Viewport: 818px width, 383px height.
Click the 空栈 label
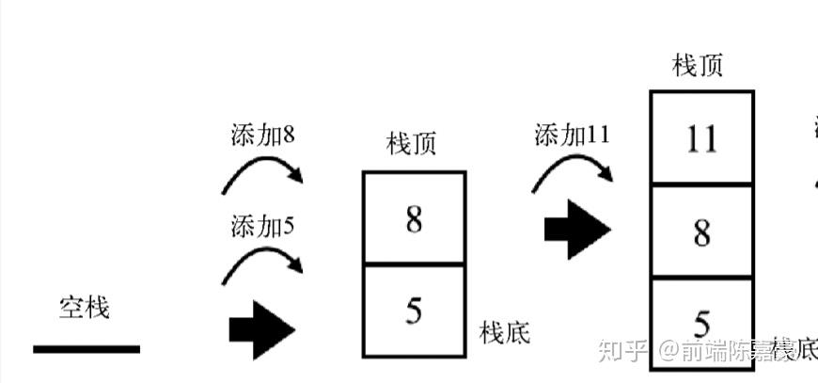pyautogui.click(x=84, y=307)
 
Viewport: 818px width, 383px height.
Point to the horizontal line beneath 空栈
pyautogui.click(x=87, y=349)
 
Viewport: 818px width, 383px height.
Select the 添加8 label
pyautogui.click(x=262, y=136)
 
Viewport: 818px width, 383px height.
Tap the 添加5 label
pyautogui.click(x=262, y=227)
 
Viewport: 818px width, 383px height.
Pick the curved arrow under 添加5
pyautogui.click(x=262, y=263)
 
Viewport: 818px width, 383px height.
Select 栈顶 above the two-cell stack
pyautogui.click(x=412, y=145)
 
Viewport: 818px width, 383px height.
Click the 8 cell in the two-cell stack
pyautogui.click(x=414, y=219)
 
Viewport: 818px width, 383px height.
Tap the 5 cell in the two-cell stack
pyautogui.click(x=414, y=311)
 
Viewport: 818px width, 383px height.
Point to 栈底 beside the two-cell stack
pyautogui.click(x=505, y=332)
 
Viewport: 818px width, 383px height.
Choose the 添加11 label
pyautogui.click(x=572, y=135)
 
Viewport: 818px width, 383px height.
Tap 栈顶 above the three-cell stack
pyautogui.click(x=699, y=66)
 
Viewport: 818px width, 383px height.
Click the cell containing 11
pyautogui.click(x=701, y=139)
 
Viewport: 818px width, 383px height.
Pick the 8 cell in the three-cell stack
pyautogui.click(x=701, y=232)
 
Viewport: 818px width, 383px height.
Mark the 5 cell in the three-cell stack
pyautogui.click(x=701, y=322)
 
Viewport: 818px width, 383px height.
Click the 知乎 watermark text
pyautogui.click(x=623, y=352)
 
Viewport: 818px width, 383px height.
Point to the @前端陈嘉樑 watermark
pyautogui.click(x=735, y=352)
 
